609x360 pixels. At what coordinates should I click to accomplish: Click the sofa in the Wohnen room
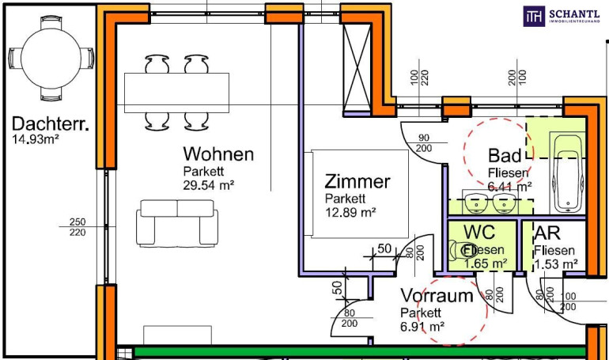(x=176, y=222)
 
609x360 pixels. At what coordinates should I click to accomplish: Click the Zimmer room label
(x=357, y=182)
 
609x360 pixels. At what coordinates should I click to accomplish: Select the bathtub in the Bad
(x=566, y=173)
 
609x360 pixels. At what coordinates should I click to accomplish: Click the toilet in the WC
(x=461, y=250)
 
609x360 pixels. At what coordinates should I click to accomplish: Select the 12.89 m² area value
(x=350, y=213)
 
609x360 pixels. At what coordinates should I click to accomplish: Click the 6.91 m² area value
(x=422, y=326)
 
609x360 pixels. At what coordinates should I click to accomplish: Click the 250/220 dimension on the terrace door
(x=77, y=226)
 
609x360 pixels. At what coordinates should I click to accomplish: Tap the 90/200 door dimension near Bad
(x=423, y=143)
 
